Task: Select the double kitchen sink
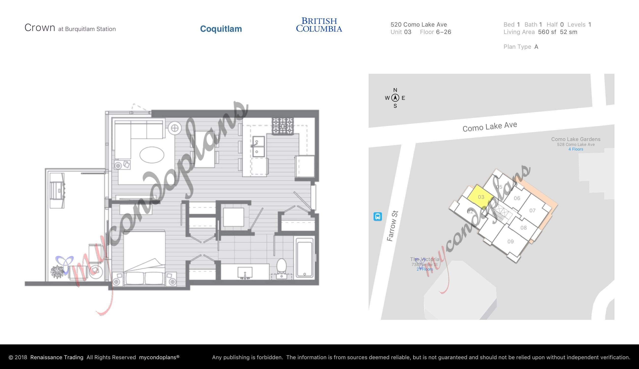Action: (259, 146)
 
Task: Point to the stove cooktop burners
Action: (283, 126)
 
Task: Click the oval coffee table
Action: (152, 155)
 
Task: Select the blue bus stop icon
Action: (378, 216)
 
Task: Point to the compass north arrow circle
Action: (395, 98)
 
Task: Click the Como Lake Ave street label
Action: (490, 126)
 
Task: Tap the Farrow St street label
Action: (392, 226)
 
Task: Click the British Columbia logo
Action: (319, 25)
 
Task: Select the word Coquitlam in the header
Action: (221, 29)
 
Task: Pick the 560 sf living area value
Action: (547, 32)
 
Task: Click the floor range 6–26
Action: (444, 32)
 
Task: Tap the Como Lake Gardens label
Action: (576, 139)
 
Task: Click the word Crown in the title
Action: (40, 28)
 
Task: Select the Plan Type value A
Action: (536, 47)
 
